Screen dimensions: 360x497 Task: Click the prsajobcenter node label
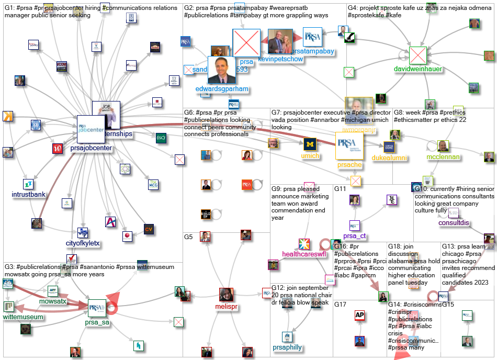click(91, 149)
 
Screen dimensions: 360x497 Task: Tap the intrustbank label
click(28, 195)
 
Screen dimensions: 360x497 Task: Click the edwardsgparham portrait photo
click(222, 70)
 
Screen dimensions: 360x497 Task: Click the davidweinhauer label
click(418, 69)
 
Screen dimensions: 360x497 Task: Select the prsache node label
click(349, 165)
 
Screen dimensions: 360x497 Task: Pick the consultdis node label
click(454, 223)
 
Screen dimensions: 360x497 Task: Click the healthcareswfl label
click(303, 254)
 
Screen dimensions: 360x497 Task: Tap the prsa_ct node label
click(355, 236)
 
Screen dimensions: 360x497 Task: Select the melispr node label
click(226, 307)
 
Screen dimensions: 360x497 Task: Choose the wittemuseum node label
click(25, 317)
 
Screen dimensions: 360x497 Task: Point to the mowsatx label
click(53, 302)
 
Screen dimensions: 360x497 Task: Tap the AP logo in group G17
click(359, 315)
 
